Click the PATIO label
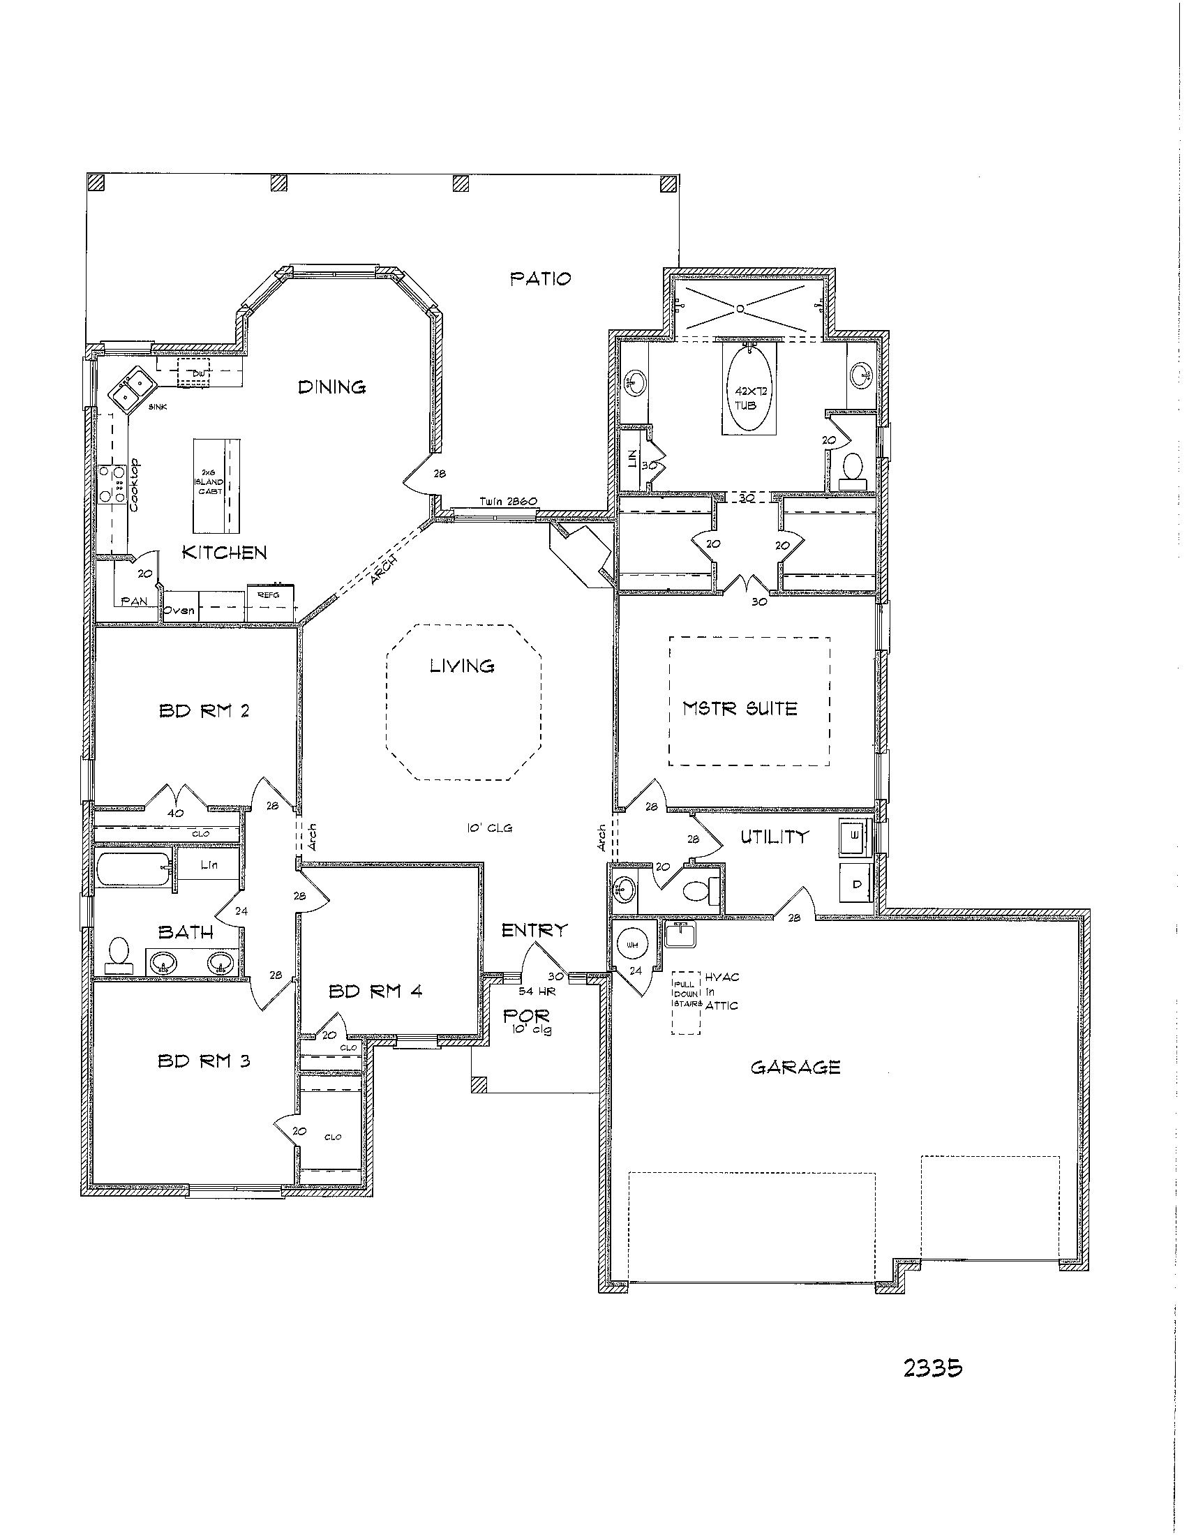tap(539, 279)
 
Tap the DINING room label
tap(331, 387)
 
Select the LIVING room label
tap(462, 665)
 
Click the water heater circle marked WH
tap(632, 945)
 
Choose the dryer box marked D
tap(857, 884)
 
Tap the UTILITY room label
tap(774, 837)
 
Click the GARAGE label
tap(795, 1068)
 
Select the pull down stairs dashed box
tap(686, 1003)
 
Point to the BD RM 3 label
tap(204, 1061)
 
